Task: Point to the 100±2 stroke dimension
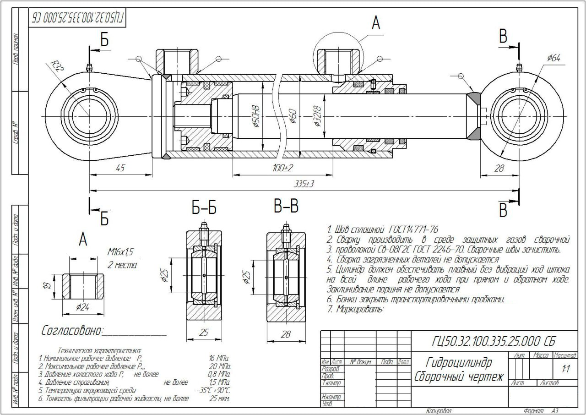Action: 283,168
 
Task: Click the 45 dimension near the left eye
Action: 120,168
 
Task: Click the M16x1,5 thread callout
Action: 121,251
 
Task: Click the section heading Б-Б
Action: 204,209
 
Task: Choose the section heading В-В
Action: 286,207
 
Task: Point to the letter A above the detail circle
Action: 376,23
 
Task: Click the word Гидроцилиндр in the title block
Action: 459,363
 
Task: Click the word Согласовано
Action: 72,331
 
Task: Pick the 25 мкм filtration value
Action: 219,399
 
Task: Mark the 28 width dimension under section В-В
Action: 286,335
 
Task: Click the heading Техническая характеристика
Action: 97,350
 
